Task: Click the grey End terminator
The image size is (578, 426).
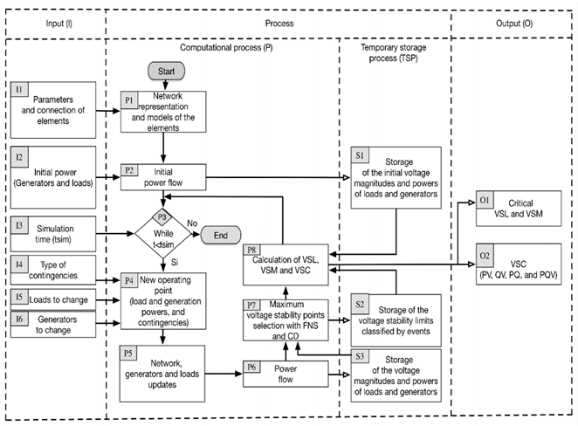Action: (x=220, y=234)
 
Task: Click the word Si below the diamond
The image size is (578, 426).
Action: (x=174, y=260)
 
